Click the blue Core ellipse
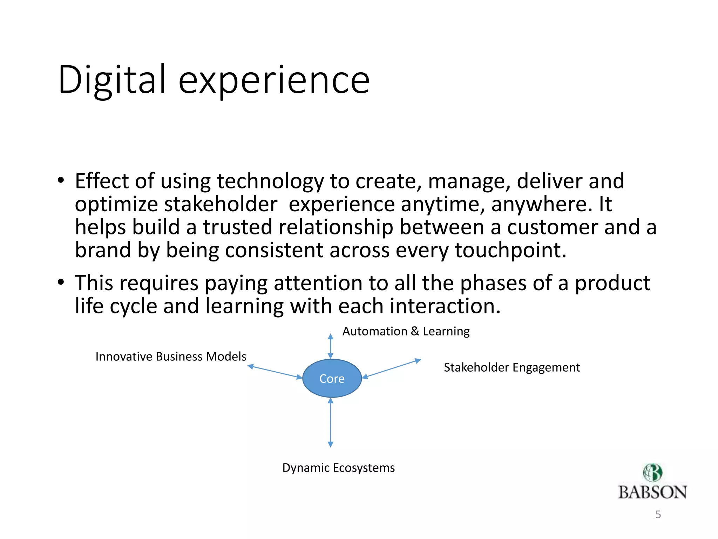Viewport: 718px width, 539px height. [x=332, y=378]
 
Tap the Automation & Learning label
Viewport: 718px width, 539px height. [x=406, y=331]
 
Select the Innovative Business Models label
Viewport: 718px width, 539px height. [x=171, y=357]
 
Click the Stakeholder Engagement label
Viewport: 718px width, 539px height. [x=512, y=367]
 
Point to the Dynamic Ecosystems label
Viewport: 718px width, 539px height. [x=338, y=468]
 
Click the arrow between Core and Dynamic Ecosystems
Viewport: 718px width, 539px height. [x=330, y=422]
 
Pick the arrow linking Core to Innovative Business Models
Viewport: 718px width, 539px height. [x=275, y=372]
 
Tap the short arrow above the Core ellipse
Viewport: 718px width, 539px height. [x=330, y=346]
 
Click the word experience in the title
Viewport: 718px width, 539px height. [x=274, y=81]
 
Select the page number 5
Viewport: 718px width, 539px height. [x=658, y=514]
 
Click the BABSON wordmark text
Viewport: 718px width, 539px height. [x=652, y=492]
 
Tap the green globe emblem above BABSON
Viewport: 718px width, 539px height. [x=652, y=472]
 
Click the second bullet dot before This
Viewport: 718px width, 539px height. [x=61, y=282]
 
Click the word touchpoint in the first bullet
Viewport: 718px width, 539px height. [x=510, y=251]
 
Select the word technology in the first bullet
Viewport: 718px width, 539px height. [x=270, y=182]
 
